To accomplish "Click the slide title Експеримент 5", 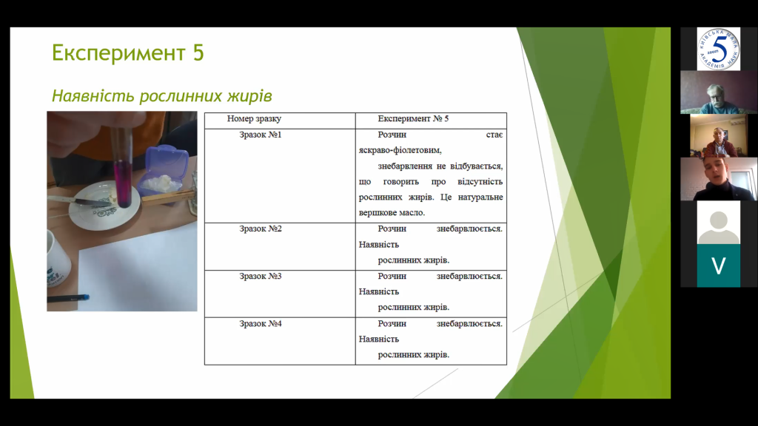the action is pyautogui.click(x=127, y=53).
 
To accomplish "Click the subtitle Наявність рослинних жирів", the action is pyautogui.click(x=162, y=95).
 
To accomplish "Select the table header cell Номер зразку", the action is pyautogui.click(x=254, y=119).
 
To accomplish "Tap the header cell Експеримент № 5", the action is pyautogui.click(x=413, y=119).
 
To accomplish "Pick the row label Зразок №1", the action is pyautogui.click(x=260, y=135).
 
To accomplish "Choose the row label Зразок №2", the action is pyautogui.click(x=260, y=229).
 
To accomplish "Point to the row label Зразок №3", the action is pyautogui.click(x=260, y=277).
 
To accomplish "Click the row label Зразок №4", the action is pyautogui.click(x=260, y=324).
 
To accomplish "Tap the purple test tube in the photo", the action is pyautogui.click(x=123, y=164).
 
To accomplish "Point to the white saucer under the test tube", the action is pyautogui.click(x=104, y=205).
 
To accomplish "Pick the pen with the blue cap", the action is pyautogui.click(x=68, y=299).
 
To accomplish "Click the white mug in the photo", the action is pyautogui.click(x=58, y=261).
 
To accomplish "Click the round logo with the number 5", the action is pyautogui.click(x=718, y=49).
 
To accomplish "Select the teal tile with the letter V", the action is pyautogui.click(x=718, y=266).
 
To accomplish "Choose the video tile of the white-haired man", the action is pyautogui.click(x=718, y=92).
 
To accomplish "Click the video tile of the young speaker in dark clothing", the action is pyautogui.click(x=718, y=179).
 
